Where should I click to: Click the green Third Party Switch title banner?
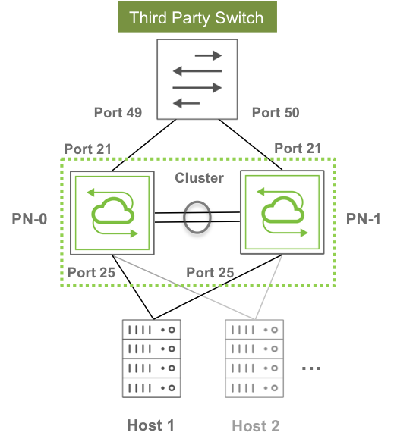point(197,17)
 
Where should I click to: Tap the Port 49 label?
point(118,113)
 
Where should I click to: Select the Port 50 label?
point(276,113)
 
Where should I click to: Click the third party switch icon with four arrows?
point(197,79)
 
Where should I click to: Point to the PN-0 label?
point(29,219)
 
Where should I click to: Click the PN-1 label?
point(364,219)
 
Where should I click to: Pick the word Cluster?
point(199,178)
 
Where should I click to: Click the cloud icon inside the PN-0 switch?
point(113,211)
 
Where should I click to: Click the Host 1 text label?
point(151,425)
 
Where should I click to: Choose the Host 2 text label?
point(256,426)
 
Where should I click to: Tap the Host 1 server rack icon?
point(151,359)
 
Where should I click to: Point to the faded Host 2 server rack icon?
point(254,359)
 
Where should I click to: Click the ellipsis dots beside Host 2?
point(311,368)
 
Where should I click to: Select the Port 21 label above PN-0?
point(87,149)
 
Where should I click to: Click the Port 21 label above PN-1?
point(298,149)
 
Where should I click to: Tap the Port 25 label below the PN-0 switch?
point(91,272)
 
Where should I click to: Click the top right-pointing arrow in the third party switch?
point(208,55)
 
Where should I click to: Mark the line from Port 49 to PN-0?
point(144,145)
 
